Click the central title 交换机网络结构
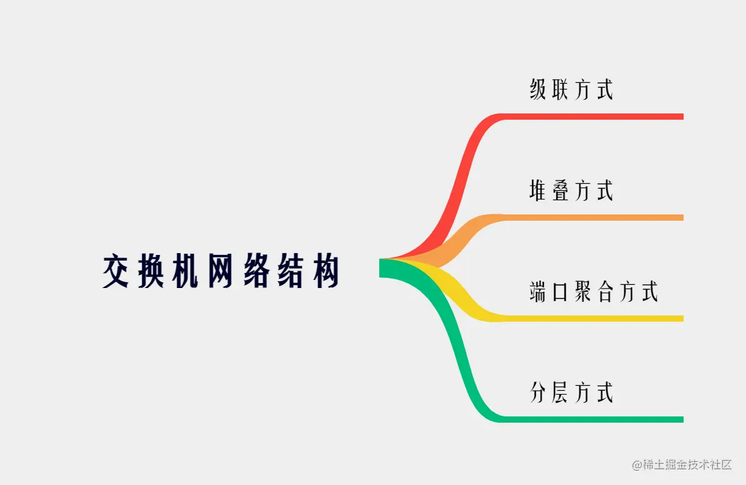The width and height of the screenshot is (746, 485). point(221,271)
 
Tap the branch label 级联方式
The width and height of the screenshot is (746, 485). point(571,89)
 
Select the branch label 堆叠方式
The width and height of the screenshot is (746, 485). point(571,190)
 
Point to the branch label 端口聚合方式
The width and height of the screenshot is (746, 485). point(594,291)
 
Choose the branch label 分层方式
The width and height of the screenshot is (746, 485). point(571,392)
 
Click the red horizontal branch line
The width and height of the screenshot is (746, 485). point(593,117)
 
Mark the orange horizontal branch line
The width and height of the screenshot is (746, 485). point(593,218)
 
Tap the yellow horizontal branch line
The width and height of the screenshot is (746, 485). point(593,319)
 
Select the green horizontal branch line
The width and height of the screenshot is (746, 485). point(593,420)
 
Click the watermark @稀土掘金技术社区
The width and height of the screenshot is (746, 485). point(682,464)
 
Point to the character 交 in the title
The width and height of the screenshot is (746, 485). point(116,271)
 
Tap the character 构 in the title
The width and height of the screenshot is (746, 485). point(327,271)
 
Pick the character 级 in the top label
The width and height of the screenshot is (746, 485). point(538,89)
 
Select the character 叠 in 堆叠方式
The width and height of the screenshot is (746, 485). point(560,190)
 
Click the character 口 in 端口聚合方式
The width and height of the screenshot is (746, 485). point(560,291)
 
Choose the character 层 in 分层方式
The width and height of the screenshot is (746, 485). point(560,392)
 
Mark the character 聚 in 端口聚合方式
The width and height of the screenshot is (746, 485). point(583,291)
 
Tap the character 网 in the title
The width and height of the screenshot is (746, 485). point(221,271)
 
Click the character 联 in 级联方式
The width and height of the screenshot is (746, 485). point(560,89)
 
